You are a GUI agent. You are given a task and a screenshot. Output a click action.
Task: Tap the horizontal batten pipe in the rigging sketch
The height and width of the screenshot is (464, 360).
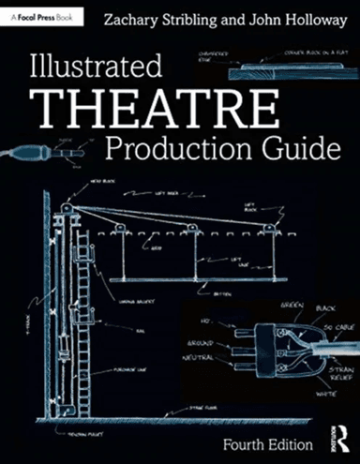point(187,279)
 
